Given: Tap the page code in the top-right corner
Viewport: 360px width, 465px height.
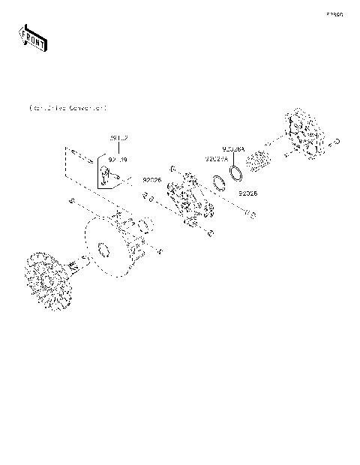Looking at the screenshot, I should pos(334,14).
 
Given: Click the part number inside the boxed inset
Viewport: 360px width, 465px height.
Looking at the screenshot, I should pos(118,160).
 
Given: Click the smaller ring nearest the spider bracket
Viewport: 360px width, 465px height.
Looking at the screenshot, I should pos(219,184).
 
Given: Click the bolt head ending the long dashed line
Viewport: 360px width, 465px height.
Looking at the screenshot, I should pos(252,216).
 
